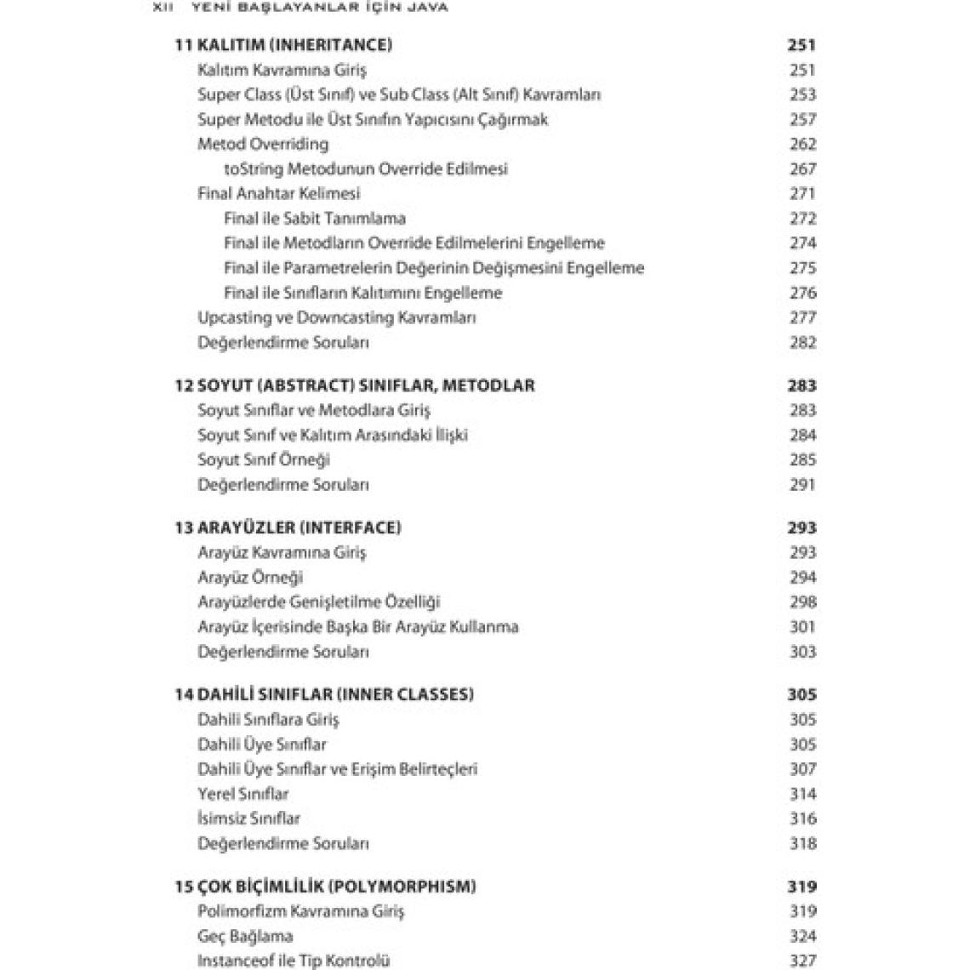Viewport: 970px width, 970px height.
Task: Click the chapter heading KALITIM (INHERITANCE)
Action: [294, 45]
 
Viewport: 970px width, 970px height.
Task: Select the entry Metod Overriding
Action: [262, 144]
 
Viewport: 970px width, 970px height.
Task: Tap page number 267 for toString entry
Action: [802, 169]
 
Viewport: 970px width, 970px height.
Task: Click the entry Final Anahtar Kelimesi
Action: [278, 193]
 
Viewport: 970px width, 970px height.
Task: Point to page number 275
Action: [802, 268]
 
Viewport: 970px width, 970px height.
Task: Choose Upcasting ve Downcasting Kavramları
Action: [336, 317]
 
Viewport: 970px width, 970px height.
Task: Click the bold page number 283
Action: [801, 385]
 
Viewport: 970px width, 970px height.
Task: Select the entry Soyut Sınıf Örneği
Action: [264, 459]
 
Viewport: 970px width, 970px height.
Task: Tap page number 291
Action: [802, 485]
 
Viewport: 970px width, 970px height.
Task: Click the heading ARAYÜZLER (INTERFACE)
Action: [299, 528]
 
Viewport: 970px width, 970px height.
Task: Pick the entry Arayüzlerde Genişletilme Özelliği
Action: [318, 602]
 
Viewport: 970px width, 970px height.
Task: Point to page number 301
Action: [802, 627]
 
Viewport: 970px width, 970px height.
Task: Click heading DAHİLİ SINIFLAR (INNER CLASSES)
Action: [335, 694]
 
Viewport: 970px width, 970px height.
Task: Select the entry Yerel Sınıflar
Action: [242, 794]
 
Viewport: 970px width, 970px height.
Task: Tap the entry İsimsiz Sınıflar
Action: [248, 819]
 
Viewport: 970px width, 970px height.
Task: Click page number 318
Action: [802, 844]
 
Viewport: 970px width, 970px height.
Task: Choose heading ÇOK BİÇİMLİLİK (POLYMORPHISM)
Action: [336, 887]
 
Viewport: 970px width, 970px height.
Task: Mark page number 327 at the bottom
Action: [802, 961]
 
